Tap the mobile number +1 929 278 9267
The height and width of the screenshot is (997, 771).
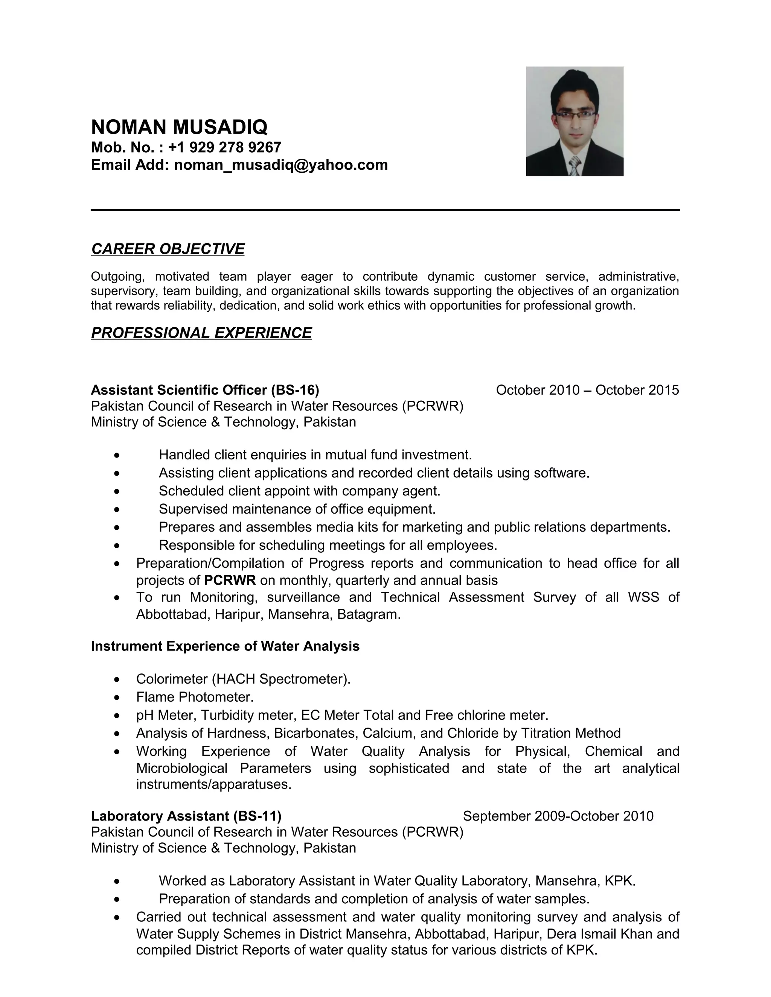coord(224,147)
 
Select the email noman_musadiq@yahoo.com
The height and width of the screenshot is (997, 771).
coord(281,165)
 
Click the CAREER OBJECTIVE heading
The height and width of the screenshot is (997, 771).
coord(168,249)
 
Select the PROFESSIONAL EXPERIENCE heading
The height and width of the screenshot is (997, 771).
coord(201,333)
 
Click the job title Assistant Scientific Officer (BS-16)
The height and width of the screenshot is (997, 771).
coord(205,390)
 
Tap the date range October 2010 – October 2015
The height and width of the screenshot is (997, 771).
coord(587,390)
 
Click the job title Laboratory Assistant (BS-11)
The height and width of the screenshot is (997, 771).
coord(186,816)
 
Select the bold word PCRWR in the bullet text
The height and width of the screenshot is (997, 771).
coord(230,580)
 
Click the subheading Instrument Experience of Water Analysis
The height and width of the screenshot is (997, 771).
coord(225,646)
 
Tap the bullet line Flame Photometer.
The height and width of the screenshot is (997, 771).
coord(195,697)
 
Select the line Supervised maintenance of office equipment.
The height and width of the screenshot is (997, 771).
coord(297,509)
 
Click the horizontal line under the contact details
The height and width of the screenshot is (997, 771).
coord(385,210)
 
